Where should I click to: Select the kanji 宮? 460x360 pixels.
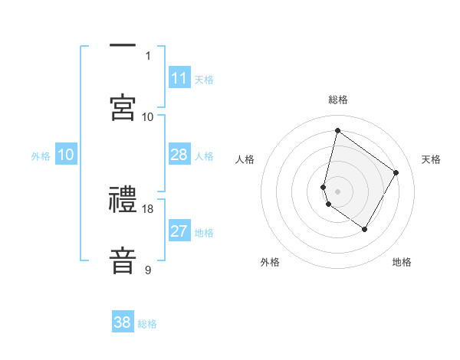tap(123, 106)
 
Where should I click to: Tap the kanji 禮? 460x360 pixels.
tap(123, 199)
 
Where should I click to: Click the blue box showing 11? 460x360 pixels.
tap(179, 78)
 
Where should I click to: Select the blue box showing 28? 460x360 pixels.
tap(179, 155)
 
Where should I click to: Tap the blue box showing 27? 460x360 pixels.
tap(179, 231)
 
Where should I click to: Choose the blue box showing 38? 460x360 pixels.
tap(123, 322)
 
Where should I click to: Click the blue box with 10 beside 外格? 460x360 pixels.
tap(66, 155)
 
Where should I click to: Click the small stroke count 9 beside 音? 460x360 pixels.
tap(148, 270)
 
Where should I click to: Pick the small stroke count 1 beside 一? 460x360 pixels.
tap(148, 56)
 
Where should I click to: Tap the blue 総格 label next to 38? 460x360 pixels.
tap(147, 324)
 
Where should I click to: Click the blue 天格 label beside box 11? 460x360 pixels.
tap(204, 80)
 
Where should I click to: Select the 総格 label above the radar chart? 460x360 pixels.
tap(337, 100)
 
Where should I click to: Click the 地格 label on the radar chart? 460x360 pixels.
tap(402, 262)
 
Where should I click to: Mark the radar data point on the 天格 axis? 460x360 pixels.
tap(396, 172)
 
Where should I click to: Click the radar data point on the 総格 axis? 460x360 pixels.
tap(337, 130)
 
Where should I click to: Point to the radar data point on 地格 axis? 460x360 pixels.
tap(364, 229)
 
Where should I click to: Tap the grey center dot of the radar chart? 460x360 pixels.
tap(337, 191)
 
